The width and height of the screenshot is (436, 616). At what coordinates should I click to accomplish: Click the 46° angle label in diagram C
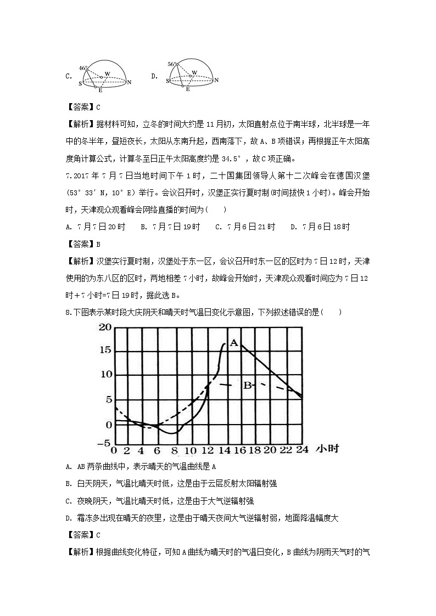pos(83,68)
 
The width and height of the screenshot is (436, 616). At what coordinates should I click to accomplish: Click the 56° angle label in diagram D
pos(171,64)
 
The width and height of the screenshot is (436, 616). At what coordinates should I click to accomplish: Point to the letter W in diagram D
pos(194,72)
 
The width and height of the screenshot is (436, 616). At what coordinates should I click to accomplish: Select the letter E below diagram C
pos(100,90)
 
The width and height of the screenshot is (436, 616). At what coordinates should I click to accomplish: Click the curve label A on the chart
pos(233,343)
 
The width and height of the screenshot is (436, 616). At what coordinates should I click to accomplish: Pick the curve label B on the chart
pos(247,385)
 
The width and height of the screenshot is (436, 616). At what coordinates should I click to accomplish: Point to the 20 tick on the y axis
pos(104,327)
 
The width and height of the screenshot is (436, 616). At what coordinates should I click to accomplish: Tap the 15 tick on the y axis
pos(104,351)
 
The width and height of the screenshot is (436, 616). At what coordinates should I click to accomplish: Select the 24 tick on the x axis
pos(301,450)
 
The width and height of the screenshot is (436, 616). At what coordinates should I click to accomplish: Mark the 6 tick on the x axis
pos(158,450)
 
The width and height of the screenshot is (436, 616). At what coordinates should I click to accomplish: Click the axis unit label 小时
pos(327,450)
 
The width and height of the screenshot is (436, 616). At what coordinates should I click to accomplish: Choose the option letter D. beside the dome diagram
pos(154,76)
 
